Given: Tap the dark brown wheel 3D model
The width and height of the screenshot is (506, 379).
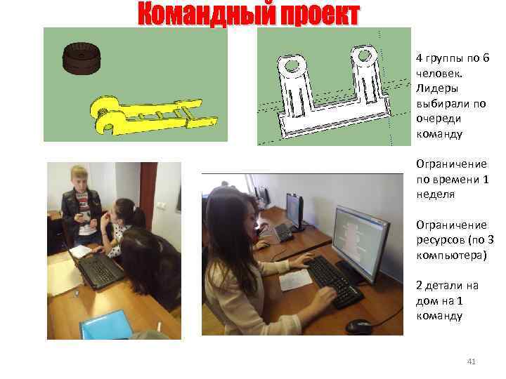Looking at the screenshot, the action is (82, 58).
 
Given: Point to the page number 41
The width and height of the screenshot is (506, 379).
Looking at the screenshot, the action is (471, 361).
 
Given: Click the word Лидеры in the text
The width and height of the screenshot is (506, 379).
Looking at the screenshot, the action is (437, 88).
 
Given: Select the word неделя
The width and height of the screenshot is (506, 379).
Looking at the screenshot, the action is (435, 194).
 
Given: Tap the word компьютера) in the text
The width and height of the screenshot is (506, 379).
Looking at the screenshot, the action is (451, 255).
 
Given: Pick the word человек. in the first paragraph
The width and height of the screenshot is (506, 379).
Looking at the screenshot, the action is (439, 74).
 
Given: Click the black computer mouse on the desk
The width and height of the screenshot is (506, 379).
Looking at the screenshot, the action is (358, 326).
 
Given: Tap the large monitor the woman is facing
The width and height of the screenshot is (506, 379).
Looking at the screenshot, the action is (361, 244).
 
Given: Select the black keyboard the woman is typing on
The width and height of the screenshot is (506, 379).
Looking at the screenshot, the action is (334, 281).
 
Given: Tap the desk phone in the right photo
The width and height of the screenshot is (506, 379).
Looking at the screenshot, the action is (283, 232).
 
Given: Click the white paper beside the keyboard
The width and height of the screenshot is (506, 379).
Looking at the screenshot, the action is (295, 280).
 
